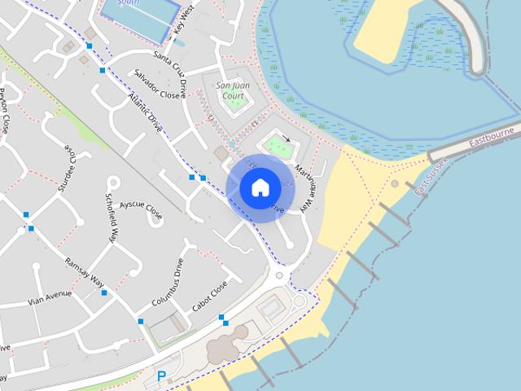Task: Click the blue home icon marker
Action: tap(260, 187)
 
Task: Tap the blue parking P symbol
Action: tap(161, 376)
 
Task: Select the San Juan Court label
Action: tap(230, 90)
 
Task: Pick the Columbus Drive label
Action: tap(167, 282)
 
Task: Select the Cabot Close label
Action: tap(209, 299)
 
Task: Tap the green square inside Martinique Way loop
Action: tap(278, 147)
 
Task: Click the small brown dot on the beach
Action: tap(395, 184)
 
